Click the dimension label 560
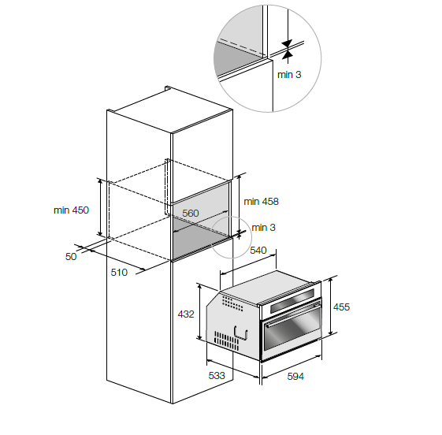tap(191, 213)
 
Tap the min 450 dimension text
tap(71, 210)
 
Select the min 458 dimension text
tap(261, 201)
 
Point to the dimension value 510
tap(119, 273)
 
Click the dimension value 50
tap(71, 257)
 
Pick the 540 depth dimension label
tap(258, 250)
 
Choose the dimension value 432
tap(186, 314)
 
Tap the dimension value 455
tap(341, 307)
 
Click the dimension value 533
tap(217, 376)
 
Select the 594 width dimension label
tap(295, 376)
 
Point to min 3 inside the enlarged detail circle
tap(289, 74)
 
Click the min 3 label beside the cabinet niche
tap(263, 227)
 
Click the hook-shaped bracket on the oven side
tap(241, 333)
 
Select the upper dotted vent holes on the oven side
tap(232, 303)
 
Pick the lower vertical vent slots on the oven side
tap(226, 340)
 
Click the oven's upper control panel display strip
tap(292, 300)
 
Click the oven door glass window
tap(293, 331)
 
